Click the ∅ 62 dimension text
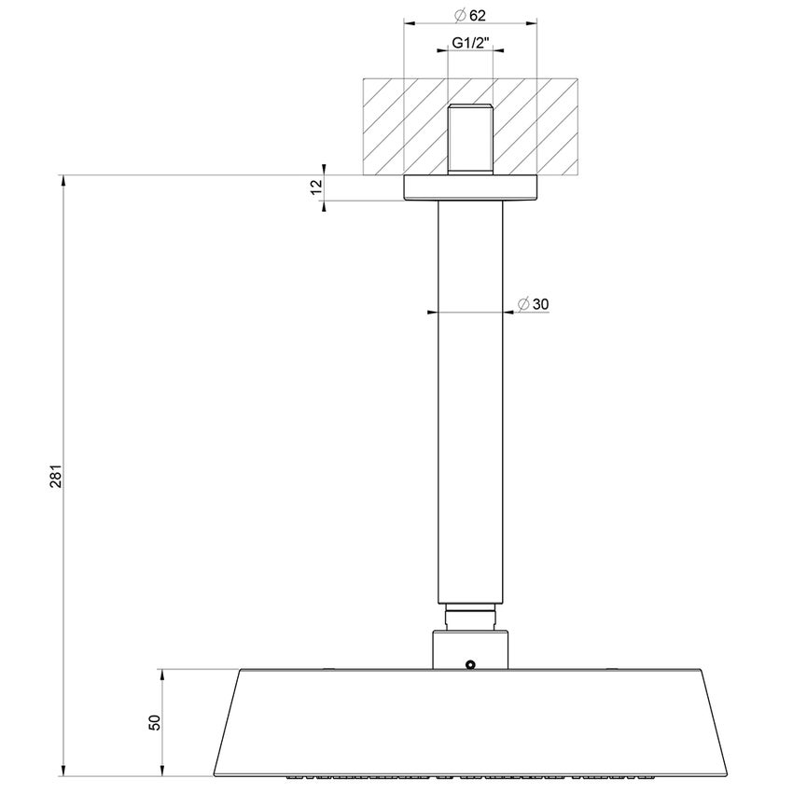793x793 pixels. [471, 16]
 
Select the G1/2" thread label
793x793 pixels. [471, 43]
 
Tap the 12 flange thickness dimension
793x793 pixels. [316, 188]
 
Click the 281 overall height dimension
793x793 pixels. [55, 476]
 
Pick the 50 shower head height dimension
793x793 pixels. [155, 721]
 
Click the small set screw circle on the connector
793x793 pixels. [471, 665]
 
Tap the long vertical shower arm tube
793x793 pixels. [471, 401]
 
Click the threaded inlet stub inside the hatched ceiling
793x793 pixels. [471, 140]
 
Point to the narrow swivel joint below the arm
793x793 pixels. [471, 617]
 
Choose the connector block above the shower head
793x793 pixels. [471, 648]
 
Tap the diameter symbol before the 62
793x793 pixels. [460, 16]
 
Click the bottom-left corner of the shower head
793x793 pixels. [216, 772]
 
